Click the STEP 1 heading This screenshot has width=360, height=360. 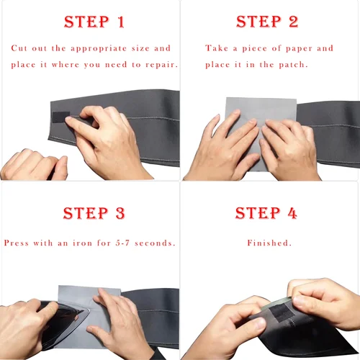(94, 22)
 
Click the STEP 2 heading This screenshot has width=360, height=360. (267, 22)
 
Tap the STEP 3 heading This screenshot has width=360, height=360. (94, 213)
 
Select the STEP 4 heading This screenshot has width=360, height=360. (267, 213)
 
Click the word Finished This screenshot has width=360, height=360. (269, 243)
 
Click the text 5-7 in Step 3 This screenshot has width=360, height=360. (121, 243)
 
